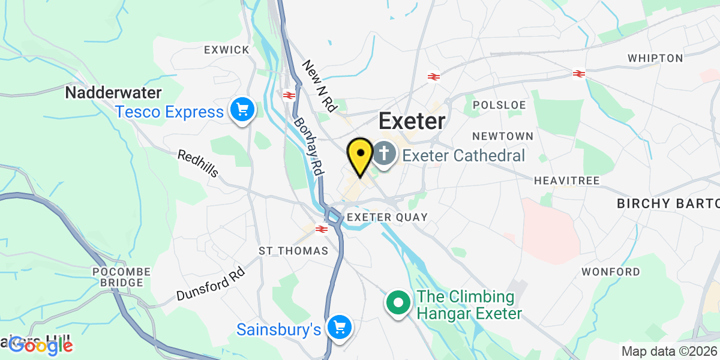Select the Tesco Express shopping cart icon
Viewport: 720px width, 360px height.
[x=242, y=110]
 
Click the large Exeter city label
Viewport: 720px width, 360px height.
[x=412, y=122]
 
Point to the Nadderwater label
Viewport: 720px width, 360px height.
[x=113, y=93]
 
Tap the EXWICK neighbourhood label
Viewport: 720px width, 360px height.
[x=226, y=50]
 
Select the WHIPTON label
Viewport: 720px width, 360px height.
[x=655, y=58]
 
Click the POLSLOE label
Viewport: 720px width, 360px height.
[x=499, y=105]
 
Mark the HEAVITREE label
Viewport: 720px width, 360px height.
[x=563, y=180]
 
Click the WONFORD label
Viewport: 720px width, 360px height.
[x=611, y=272]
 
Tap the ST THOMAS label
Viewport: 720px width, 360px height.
[x=293, y=250]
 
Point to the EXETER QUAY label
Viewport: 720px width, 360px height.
[x=388, y=217]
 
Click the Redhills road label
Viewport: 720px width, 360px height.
[x=197, y=164]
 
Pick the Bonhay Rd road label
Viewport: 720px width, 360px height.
[x=308, y=145]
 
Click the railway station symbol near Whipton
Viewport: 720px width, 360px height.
[x=578, y=73]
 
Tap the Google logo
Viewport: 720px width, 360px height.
[x=41, y=346]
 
